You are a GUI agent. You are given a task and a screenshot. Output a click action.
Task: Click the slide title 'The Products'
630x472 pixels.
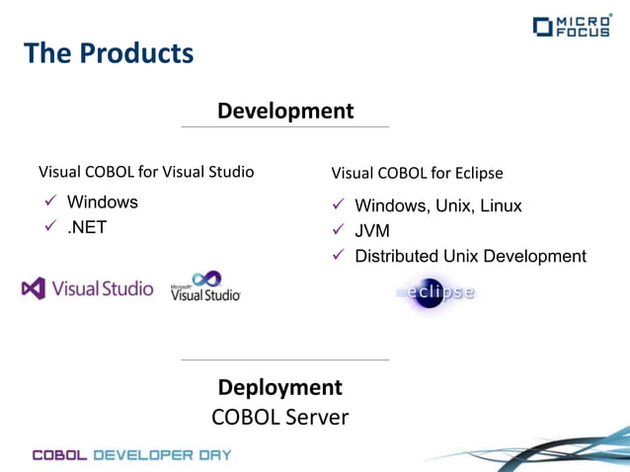tap(109, 53)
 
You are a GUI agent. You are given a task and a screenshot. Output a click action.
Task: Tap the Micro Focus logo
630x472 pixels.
tap(572, 26)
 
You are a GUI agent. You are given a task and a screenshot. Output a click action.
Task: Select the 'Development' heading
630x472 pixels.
tap(285, 111)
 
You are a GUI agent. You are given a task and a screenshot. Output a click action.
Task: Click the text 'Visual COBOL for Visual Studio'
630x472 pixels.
tap(146, 172)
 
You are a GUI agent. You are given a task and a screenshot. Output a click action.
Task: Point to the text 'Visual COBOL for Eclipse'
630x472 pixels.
tap(417, 173)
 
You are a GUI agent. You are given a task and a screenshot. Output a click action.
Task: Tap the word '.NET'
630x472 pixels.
tap(87, 227)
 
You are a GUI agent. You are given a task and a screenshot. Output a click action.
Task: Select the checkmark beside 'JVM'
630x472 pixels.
tap(338, 231)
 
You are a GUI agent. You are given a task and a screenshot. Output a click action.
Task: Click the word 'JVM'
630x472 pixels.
tap(372, 231)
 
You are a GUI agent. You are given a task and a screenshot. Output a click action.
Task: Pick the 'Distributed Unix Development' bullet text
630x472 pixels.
tap(470, 256)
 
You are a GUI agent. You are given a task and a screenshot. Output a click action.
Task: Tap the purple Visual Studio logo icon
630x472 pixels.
tap(33, 288)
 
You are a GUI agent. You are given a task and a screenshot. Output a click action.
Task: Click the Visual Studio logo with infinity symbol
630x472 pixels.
tap(205, 285)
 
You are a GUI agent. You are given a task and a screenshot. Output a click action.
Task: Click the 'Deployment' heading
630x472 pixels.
tap(280, 387)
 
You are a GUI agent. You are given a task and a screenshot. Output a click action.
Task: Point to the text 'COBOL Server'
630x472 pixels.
tap(280, 418)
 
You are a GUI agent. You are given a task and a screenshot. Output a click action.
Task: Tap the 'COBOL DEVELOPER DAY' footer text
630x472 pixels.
tap(132, 454)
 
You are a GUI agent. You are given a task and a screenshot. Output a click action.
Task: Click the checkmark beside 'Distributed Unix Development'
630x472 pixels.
tap(338, 256)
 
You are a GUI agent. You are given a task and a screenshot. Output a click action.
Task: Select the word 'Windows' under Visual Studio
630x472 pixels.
tap(103, 201)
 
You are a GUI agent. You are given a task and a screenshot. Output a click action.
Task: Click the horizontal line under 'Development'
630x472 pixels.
tap(285, 126)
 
